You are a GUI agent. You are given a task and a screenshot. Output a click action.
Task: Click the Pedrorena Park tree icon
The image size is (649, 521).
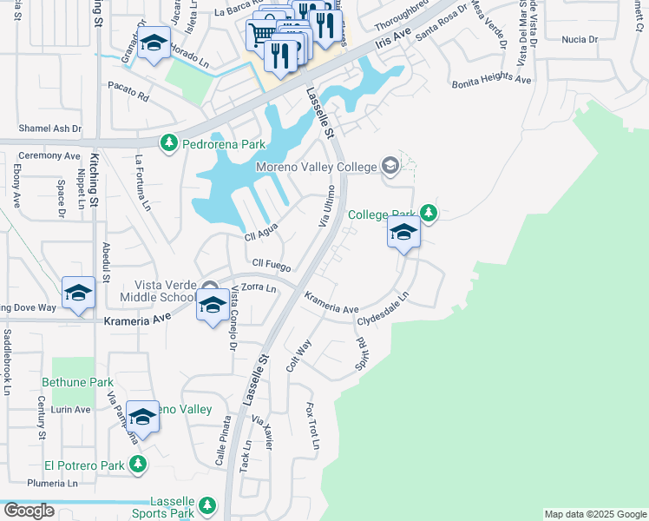(x=168, y=142)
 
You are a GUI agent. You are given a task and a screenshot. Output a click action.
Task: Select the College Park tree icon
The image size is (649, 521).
(x=428, y=212)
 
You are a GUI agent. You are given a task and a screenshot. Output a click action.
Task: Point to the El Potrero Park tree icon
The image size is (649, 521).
(x=138, y=465)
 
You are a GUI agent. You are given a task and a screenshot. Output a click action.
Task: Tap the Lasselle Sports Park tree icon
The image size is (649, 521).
(x=206, y=505)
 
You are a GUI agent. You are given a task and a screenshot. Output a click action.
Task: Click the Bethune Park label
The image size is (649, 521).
(x=76, y=382)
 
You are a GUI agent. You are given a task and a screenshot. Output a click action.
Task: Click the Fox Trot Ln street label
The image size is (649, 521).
(x=312, y=426)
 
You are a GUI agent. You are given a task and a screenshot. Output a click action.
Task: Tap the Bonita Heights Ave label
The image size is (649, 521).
(x=492, y=80)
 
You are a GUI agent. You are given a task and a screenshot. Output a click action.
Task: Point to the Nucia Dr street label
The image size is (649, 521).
(x=580, y=40)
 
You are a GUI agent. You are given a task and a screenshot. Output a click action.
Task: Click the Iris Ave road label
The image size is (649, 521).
(x=392, y=40)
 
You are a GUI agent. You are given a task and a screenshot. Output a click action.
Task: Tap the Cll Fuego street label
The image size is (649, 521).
(x=272, y=263)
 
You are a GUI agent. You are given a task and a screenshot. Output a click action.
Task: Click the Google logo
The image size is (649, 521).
(x=28, y=511)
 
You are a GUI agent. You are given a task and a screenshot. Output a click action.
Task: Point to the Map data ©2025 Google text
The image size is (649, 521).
(x=595, y=514)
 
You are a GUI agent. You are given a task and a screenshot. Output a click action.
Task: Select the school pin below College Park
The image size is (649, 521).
(x=403, y=232)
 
